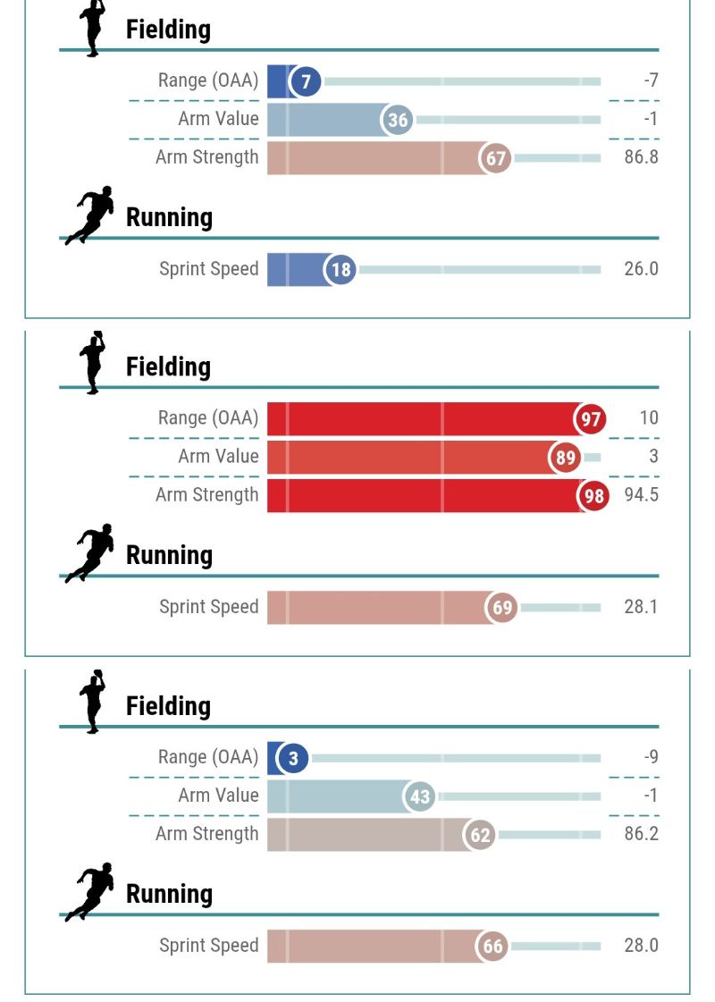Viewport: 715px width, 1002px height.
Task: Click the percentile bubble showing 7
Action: (x=306, y=82)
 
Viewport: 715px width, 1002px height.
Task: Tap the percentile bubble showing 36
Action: (x=398, y=121)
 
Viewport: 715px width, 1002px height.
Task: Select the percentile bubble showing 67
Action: (x=496, y=159)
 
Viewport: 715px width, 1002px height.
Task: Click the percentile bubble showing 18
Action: (x=341, y=270)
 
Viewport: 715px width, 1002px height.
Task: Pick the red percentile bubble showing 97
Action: (x=591, y=419)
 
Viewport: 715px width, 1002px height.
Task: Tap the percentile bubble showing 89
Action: (x=565, y=459)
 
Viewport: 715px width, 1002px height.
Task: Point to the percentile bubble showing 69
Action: (x=502, y=608)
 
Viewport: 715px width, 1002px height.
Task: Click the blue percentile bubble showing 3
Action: (x=293, y=759)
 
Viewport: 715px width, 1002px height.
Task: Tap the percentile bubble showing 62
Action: (x=480, y=836)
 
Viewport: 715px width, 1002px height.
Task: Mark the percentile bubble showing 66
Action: (x=492, y=947)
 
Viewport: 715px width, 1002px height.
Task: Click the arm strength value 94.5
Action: (x=641, y=495)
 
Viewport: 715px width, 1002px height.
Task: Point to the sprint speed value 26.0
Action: (x=641, y=269)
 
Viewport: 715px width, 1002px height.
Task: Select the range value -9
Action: (x=650, y=757)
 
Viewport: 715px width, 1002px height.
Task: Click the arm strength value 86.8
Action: (x=641, y=157)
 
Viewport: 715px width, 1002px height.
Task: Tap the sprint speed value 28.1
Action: (x=641, y=607)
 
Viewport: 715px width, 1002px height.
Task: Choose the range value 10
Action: (x=649, y=417)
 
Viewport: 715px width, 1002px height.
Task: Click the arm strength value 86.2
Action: (x=641, y=834)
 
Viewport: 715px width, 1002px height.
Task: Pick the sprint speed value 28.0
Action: (x=641, y=946)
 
